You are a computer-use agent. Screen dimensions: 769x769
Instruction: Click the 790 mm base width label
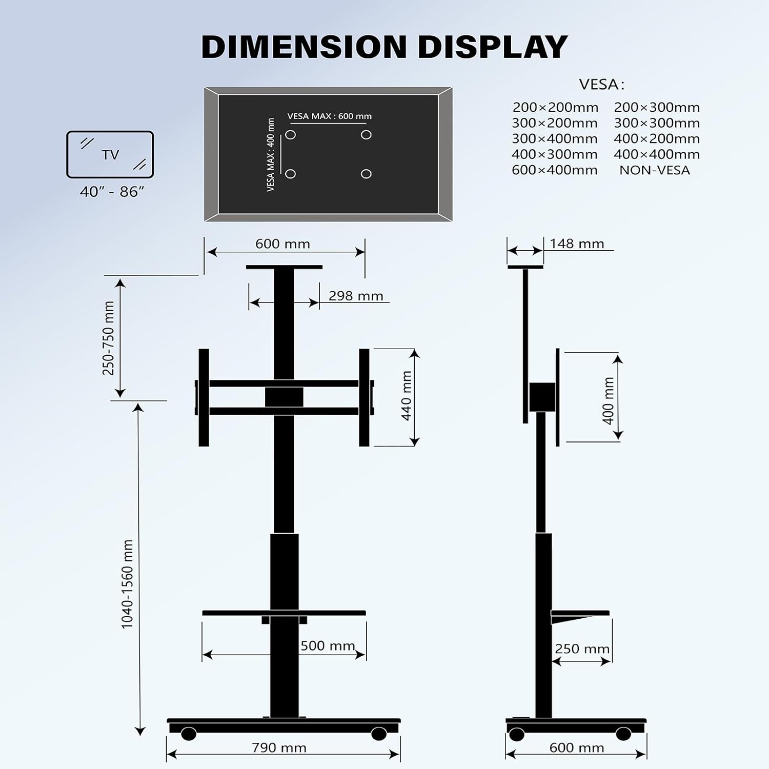pos(279,747)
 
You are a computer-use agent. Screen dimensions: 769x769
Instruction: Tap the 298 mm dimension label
pos(356,296)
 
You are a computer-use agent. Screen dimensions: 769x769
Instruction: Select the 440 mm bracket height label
pos(407,396)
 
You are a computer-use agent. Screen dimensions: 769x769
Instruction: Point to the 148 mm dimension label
pos(577,244)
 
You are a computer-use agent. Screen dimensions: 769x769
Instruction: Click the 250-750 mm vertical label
pos(109,338)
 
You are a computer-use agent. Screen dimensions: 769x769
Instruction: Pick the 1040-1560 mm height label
pos(127,584)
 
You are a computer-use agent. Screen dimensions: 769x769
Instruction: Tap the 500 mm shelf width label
pos(328,645)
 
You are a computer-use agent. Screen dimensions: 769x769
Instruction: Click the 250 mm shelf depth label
pos(582,649)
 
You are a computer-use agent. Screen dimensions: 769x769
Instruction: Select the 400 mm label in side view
pos(609,401)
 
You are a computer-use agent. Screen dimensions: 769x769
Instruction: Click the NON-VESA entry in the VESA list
pos(655,170)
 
